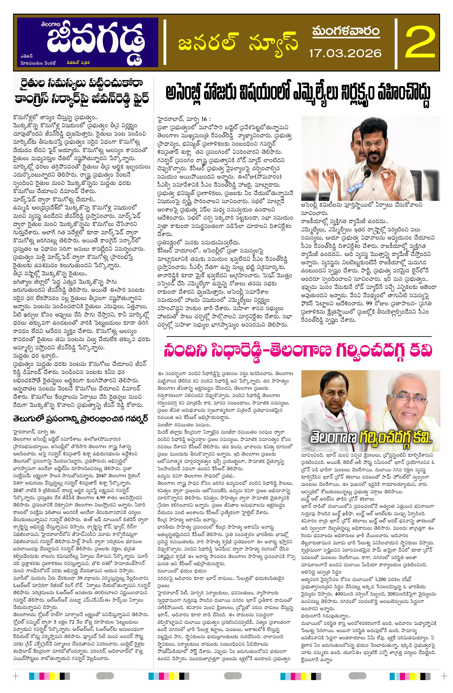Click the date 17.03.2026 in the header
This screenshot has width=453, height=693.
click(345, 53)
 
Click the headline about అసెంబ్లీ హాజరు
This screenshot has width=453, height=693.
click(298, 94)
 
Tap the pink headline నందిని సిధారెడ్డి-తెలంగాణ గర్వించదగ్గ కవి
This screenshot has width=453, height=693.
click(298, 351)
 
